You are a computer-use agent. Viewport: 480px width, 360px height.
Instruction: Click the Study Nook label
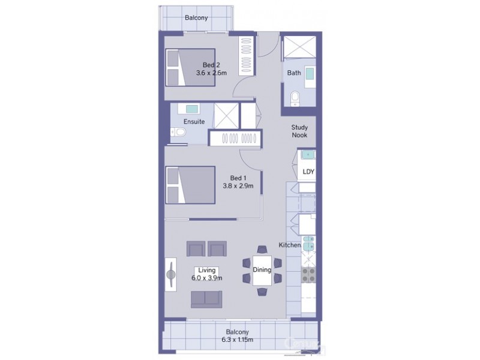pyautogui.click(x=299, y=131)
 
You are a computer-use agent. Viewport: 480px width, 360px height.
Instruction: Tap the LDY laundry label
pyautogui.click(x=308, y=172)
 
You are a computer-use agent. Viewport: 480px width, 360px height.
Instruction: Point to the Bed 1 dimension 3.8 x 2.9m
pyautogui.click(x=238, y=186)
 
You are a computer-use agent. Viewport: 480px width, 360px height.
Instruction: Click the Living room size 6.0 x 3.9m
pyautogui.click(x=207, y=278)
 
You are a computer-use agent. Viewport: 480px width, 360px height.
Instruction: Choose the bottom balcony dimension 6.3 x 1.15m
pyautogui.click(x=238, y=340)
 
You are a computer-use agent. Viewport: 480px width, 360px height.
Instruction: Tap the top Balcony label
pyautogui.click(x=196, y=18)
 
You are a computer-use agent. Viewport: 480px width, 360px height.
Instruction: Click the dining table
pyautogui.click(x=262, y=270)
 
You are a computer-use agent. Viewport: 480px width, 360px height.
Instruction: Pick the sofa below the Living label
pyautogui.click(x=206, y=298)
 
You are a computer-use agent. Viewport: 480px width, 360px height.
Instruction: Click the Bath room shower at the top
pyautogui.click(x=298, y=47)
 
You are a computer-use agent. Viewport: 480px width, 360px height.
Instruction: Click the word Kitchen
pyautogui.click(x=289, y=245)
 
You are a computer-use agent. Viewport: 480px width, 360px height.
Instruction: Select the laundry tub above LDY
pyautogui.click(x=307, y=155)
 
